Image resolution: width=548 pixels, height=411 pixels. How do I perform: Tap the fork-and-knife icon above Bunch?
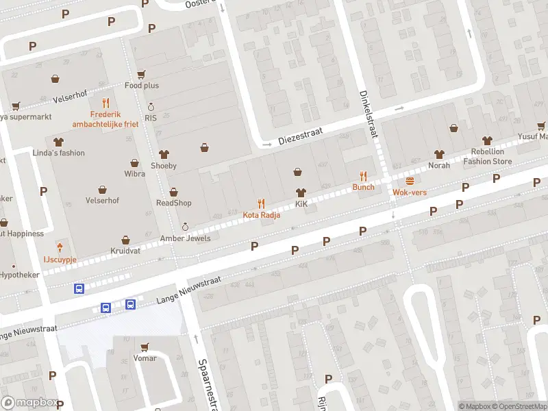(364, 176)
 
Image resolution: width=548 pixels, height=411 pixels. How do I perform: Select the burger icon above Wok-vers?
(410, 181)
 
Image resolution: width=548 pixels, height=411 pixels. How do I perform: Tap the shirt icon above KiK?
(300, 193)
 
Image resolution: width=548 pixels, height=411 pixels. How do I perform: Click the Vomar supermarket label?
(145, 358)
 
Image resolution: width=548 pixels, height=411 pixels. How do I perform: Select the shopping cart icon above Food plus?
(141, 75)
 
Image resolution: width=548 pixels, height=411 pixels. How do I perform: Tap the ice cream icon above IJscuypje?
(60, 247)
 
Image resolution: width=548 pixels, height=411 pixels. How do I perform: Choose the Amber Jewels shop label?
(185, 238)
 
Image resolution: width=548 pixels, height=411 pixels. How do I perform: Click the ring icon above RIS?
(151, 108)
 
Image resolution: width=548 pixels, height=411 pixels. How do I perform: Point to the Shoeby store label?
(164, 166)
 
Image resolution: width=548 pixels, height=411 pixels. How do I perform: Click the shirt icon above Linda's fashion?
(59, 142)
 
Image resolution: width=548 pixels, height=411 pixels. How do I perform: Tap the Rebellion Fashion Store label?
(487, 157)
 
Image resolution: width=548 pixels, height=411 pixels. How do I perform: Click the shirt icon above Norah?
(439, 154)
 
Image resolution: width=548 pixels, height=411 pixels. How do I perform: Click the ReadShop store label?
(174, 203)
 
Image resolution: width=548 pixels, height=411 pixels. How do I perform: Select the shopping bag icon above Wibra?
(135, 163)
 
